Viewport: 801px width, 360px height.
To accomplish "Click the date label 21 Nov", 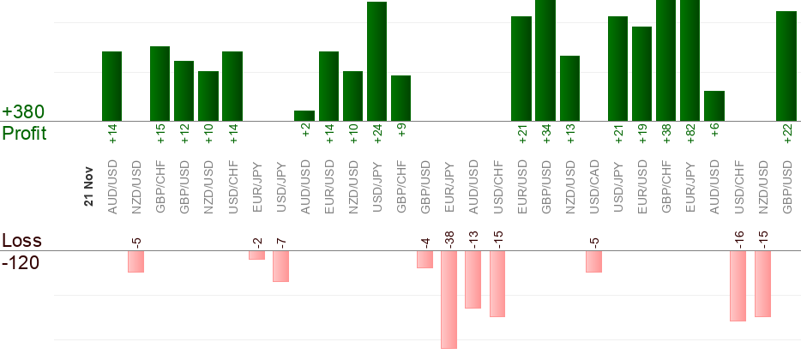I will click(x=88, y=185).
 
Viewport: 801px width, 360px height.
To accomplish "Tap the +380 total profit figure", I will click(x=23, y=112).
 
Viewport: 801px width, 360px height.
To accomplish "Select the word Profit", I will click(x=24, y=133).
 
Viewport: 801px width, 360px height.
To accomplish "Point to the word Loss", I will click(x=21, y=241).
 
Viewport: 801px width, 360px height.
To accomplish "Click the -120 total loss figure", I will click(x=21, y=261).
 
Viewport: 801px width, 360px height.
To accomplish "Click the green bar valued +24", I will click(x=377, y=62).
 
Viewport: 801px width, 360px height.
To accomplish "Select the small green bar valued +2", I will click(x=304, y=116).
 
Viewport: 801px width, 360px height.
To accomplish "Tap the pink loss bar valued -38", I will click(x=449, y=299).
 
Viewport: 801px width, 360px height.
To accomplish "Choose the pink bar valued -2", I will click(x=256, y=255).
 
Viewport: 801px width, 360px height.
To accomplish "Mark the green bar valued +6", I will click(x=714, y=105).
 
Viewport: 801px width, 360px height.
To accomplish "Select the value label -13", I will click(x=473, y=238).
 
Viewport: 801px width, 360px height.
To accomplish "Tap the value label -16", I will click(x=738, y=238).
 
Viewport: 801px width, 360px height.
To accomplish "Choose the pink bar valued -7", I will click(x=280, y=266).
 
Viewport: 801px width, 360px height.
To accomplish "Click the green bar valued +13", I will click(x=569, y=88).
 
